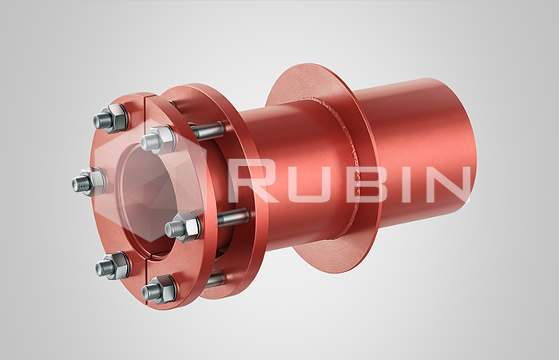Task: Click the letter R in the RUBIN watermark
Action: click(x=252, y=180)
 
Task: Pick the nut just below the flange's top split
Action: click(x=158, y=140)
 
